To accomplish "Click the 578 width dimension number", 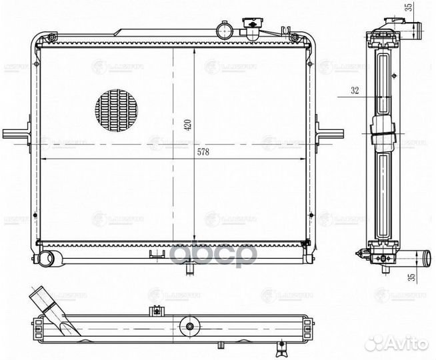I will click(x=203, y=153).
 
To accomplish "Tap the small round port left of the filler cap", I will click(x=222, y=29).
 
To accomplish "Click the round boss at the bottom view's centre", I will click(x=191, y=327).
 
